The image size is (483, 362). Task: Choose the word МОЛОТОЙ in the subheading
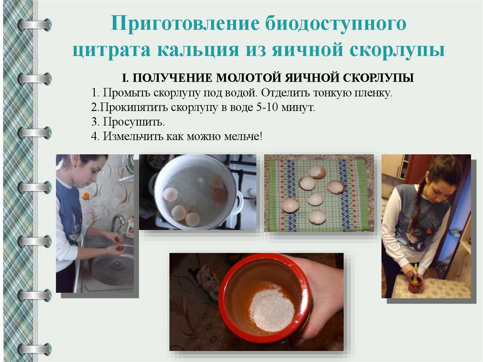point(249,78)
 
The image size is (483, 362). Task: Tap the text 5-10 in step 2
point(267,107)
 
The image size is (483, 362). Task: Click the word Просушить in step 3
point(133,122)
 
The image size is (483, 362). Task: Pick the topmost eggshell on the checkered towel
point(317,172)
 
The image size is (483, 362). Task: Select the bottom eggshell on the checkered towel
point(317,218)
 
